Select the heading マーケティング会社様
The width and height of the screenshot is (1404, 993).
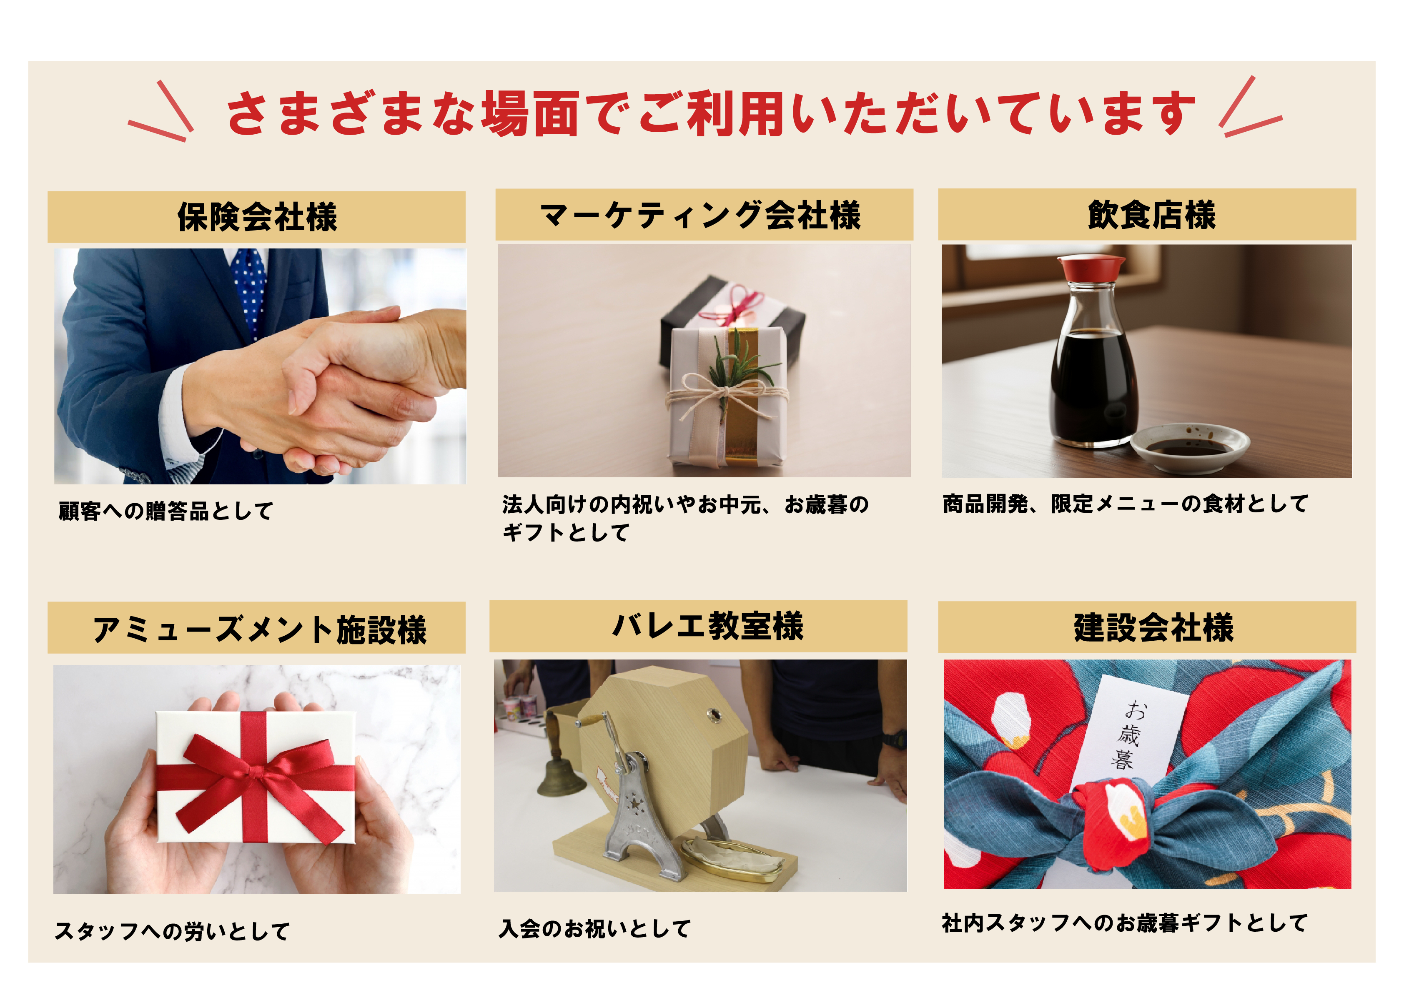(x=700, y=215)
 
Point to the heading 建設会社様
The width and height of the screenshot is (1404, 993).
(x=1153, y=627)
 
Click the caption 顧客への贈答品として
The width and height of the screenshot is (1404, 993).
(x=166, y=511)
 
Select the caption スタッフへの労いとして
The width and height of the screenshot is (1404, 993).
(x=173, y=930)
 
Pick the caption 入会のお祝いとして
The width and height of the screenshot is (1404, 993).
(x=594, y=928)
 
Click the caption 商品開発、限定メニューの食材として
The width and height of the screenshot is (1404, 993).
(x=1125, y=504)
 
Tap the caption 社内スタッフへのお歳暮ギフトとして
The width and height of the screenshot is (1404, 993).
(x=1124, y=923)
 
